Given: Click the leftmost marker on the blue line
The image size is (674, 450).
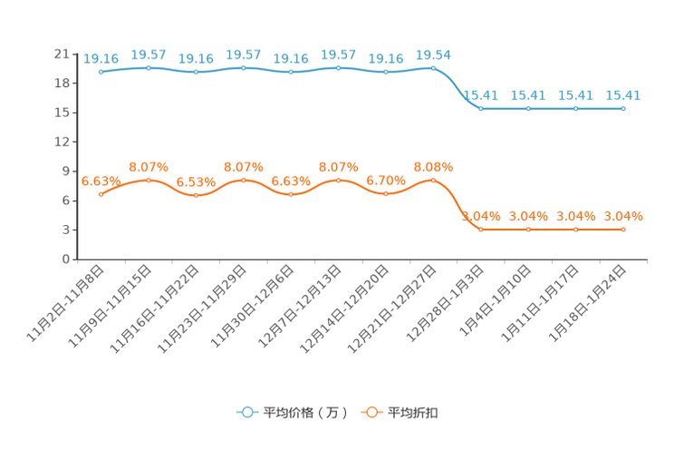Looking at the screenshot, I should click(101, 72).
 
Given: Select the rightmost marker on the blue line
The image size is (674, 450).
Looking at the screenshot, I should click(623, 108).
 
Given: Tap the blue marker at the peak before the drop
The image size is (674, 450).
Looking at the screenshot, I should click(433, 67).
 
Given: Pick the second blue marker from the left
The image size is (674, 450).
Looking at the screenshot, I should click(149, 67).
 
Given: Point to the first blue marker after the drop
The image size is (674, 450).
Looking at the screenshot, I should click(480, 108).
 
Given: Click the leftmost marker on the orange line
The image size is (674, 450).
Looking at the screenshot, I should click(101, 194).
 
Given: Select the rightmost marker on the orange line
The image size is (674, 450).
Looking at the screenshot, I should click(623, 230).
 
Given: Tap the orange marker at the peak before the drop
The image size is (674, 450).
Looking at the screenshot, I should click(433, 180).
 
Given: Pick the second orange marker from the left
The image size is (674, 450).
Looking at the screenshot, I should click(149, 180).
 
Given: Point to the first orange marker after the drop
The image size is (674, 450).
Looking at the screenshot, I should click(480, 230).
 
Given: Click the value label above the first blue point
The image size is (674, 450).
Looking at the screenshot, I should click(101, 59).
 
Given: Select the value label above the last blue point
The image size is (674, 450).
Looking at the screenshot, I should click(623, 94).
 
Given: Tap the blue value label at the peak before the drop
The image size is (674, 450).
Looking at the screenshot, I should click(433, 54).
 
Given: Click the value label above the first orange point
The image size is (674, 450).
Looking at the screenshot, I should click(101, 181).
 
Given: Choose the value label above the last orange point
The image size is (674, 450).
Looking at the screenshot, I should click(623, 216).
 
